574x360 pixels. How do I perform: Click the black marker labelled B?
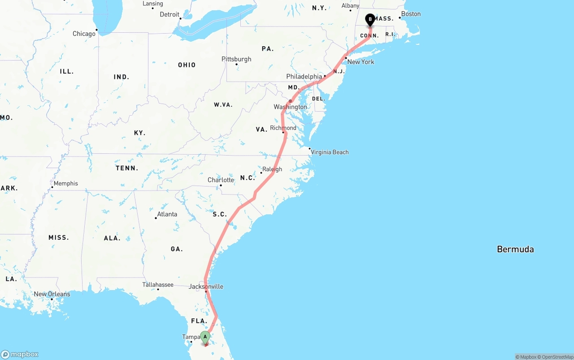(x=370, y=19)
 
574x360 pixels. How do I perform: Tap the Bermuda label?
(x=515, y=249)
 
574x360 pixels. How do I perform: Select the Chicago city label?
(x=84, y=34)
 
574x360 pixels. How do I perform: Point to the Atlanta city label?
(x=167, y=214)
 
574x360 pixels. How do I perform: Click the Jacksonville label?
(x=206, y=286)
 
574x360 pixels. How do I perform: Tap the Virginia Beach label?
(x=330, y=152)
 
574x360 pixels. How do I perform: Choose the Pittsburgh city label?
(x=236, y=59)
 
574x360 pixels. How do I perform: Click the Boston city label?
(x=411, y=14)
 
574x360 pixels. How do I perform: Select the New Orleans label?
(x=52, y=294)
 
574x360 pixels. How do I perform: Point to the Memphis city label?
(x=65, y=183)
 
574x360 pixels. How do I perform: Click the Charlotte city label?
(x=221, y=180)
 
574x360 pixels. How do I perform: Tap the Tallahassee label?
(x=158, y=285)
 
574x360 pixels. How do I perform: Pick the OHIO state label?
(x=187, y=65)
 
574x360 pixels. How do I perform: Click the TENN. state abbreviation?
(x=127, y=168)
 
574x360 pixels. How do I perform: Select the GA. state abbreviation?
(x=177, y=249)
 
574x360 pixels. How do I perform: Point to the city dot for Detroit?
(x=180, y=18)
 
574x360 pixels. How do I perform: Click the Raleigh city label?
(x=272, y=169)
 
